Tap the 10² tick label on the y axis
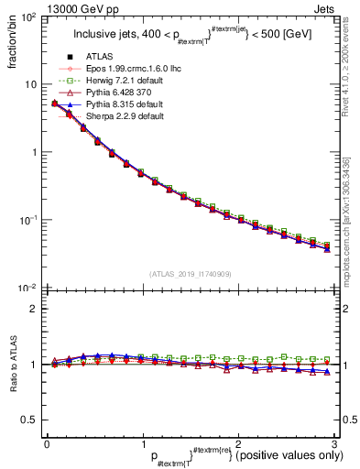[x=29, y=18]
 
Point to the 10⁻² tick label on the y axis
[x=29, y=289]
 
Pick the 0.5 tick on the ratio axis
[x=31, y=420]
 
